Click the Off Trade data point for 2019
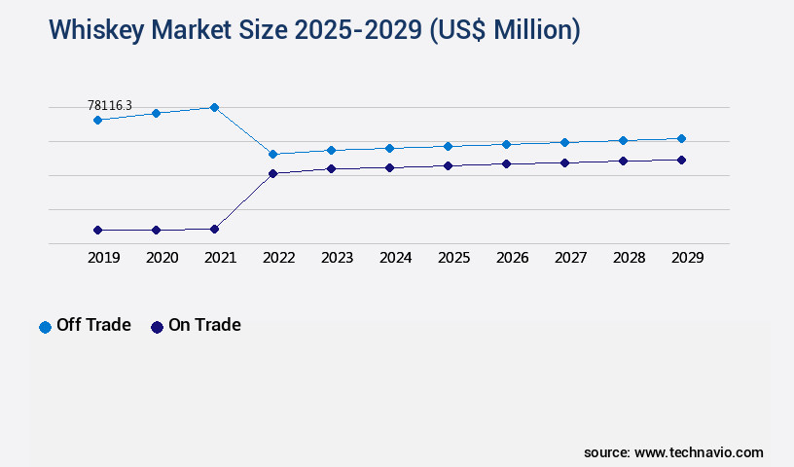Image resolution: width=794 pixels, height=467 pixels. (97, 120)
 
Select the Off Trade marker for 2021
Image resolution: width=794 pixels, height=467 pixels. (214, 107)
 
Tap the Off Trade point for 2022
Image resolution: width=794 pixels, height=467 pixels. (272, 154)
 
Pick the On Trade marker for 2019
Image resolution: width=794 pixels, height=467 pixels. (97, 230)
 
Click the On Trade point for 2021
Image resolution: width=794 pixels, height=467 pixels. (214, 229)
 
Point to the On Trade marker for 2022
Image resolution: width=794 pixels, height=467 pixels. (272, 173)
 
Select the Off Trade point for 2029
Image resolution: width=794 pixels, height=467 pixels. (681, 138)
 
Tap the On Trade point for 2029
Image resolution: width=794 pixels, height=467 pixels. (681, 160)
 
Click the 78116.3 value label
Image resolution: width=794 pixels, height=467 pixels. (109, 105)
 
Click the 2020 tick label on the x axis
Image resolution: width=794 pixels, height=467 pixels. (162, 258)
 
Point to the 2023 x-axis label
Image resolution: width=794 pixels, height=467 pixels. (337, 258)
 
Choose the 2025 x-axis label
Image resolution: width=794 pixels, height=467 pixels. (453, 258)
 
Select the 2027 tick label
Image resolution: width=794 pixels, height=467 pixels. (570, 258)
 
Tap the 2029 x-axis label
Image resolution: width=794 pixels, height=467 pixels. (687, 258)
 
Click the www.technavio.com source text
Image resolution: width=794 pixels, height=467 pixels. (699, 452)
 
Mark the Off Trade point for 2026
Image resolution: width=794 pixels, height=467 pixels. (506, 144)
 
